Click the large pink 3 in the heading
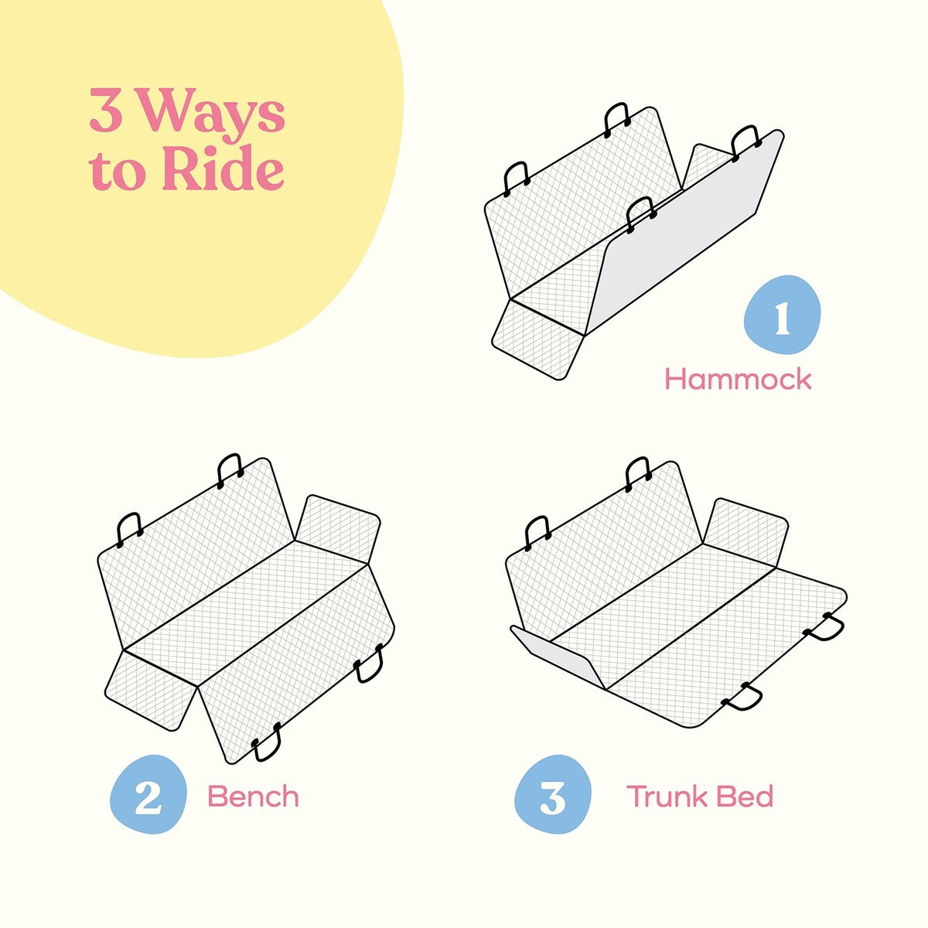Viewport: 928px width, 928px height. point(106,110)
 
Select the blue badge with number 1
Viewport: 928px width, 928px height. point(782,316)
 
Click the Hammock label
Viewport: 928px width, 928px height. point(737,380)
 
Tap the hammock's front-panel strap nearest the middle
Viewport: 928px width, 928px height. point(641,216)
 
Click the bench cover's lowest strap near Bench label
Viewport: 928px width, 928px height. point(267,742)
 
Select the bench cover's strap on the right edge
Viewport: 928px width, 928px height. point(369,664)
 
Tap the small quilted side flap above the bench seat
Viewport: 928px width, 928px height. point(338,529)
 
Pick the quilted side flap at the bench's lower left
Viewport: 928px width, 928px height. point(151,690)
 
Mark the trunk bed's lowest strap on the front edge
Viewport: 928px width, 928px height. point(742,698)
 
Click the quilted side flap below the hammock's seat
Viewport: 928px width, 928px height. point(538,339)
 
